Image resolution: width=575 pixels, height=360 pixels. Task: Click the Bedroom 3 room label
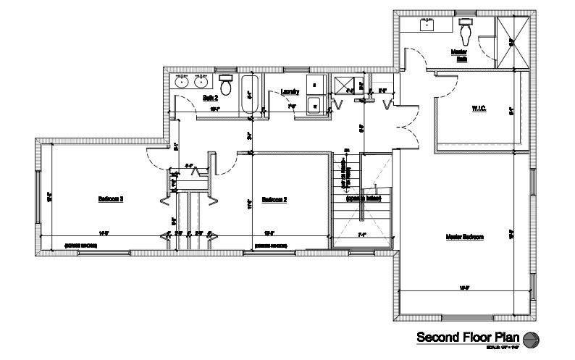pyautogui.click(x=111, y=198)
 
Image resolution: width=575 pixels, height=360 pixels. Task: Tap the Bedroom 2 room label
pyautogui.click(x=274, y=199)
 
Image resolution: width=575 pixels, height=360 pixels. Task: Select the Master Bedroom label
pyautogui.click(x=464, y=237)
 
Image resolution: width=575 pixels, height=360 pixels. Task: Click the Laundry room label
pyautogui.click(x=290, y=91)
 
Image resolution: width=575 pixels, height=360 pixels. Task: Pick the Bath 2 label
pyautogui.click(x=210, y=97)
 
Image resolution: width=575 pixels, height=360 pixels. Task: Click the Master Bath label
pyautogui.click(x=459, y=55)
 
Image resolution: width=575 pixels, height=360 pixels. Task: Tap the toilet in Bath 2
pyautogui.click(x=226, y=85)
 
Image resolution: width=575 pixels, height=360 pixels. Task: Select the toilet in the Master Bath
pyautogui.click(x=466, y=30)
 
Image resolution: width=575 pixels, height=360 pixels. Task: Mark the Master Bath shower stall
pyautogui.click(x=512, y=42)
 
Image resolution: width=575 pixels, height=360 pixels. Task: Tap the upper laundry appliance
pyautogui.click(x=314, y=85)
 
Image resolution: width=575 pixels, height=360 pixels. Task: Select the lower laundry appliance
pyautogui.click(x=314, y=106)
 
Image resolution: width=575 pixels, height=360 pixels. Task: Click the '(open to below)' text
pyautogui.click(x=363, y=198)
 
